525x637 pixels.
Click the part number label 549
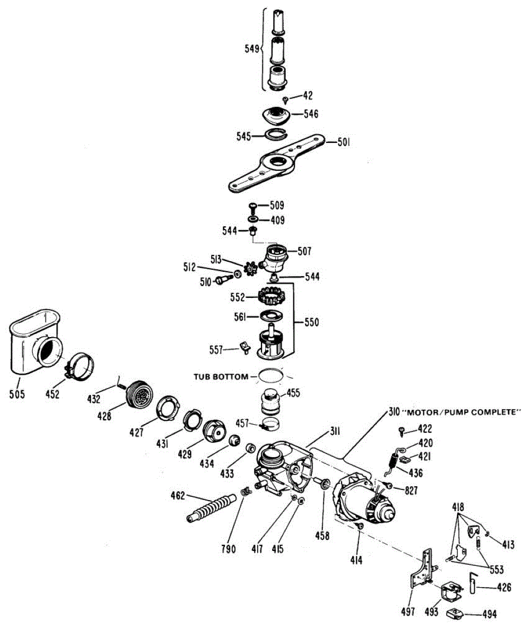(x=251, y=49)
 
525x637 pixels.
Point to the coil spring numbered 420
(x=393, y=460)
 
